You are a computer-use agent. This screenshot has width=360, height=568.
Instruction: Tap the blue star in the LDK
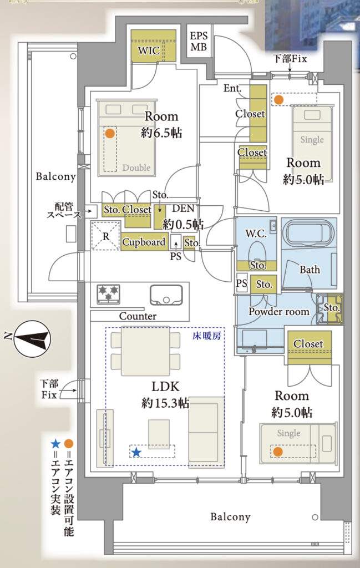136,453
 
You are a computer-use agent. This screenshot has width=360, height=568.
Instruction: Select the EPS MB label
199,42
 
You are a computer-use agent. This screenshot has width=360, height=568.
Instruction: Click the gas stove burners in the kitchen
109,293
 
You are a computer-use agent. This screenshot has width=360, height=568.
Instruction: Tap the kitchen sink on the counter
165,294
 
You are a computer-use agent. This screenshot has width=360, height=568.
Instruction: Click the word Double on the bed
136,168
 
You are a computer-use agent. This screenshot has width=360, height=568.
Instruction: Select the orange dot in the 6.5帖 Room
110,133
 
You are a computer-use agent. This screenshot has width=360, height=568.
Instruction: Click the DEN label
182,209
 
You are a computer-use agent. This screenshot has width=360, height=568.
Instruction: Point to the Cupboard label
144,242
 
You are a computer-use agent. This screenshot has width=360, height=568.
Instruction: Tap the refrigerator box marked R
105,235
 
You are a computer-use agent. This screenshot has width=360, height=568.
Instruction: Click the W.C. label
256,234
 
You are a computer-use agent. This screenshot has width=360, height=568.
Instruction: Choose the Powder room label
278,312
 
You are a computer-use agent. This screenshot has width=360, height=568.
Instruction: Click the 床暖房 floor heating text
209,337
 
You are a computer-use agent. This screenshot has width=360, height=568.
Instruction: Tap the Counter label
138,316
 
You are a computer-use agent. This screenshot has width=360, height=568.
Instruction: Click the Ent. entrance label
231,88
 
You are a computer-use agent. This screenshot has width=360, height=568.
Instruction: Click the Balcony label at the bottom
230,517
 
